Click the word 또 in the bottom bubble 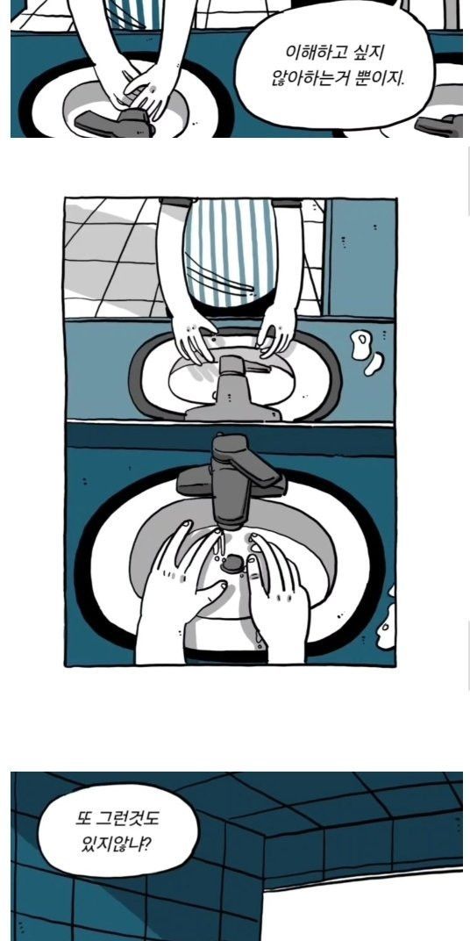coord(82,818)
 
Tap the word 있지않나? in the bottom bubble coord(116,845)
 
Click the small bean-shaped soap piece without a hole coord(374,364)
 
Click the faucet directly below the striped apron coord(235,389)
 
